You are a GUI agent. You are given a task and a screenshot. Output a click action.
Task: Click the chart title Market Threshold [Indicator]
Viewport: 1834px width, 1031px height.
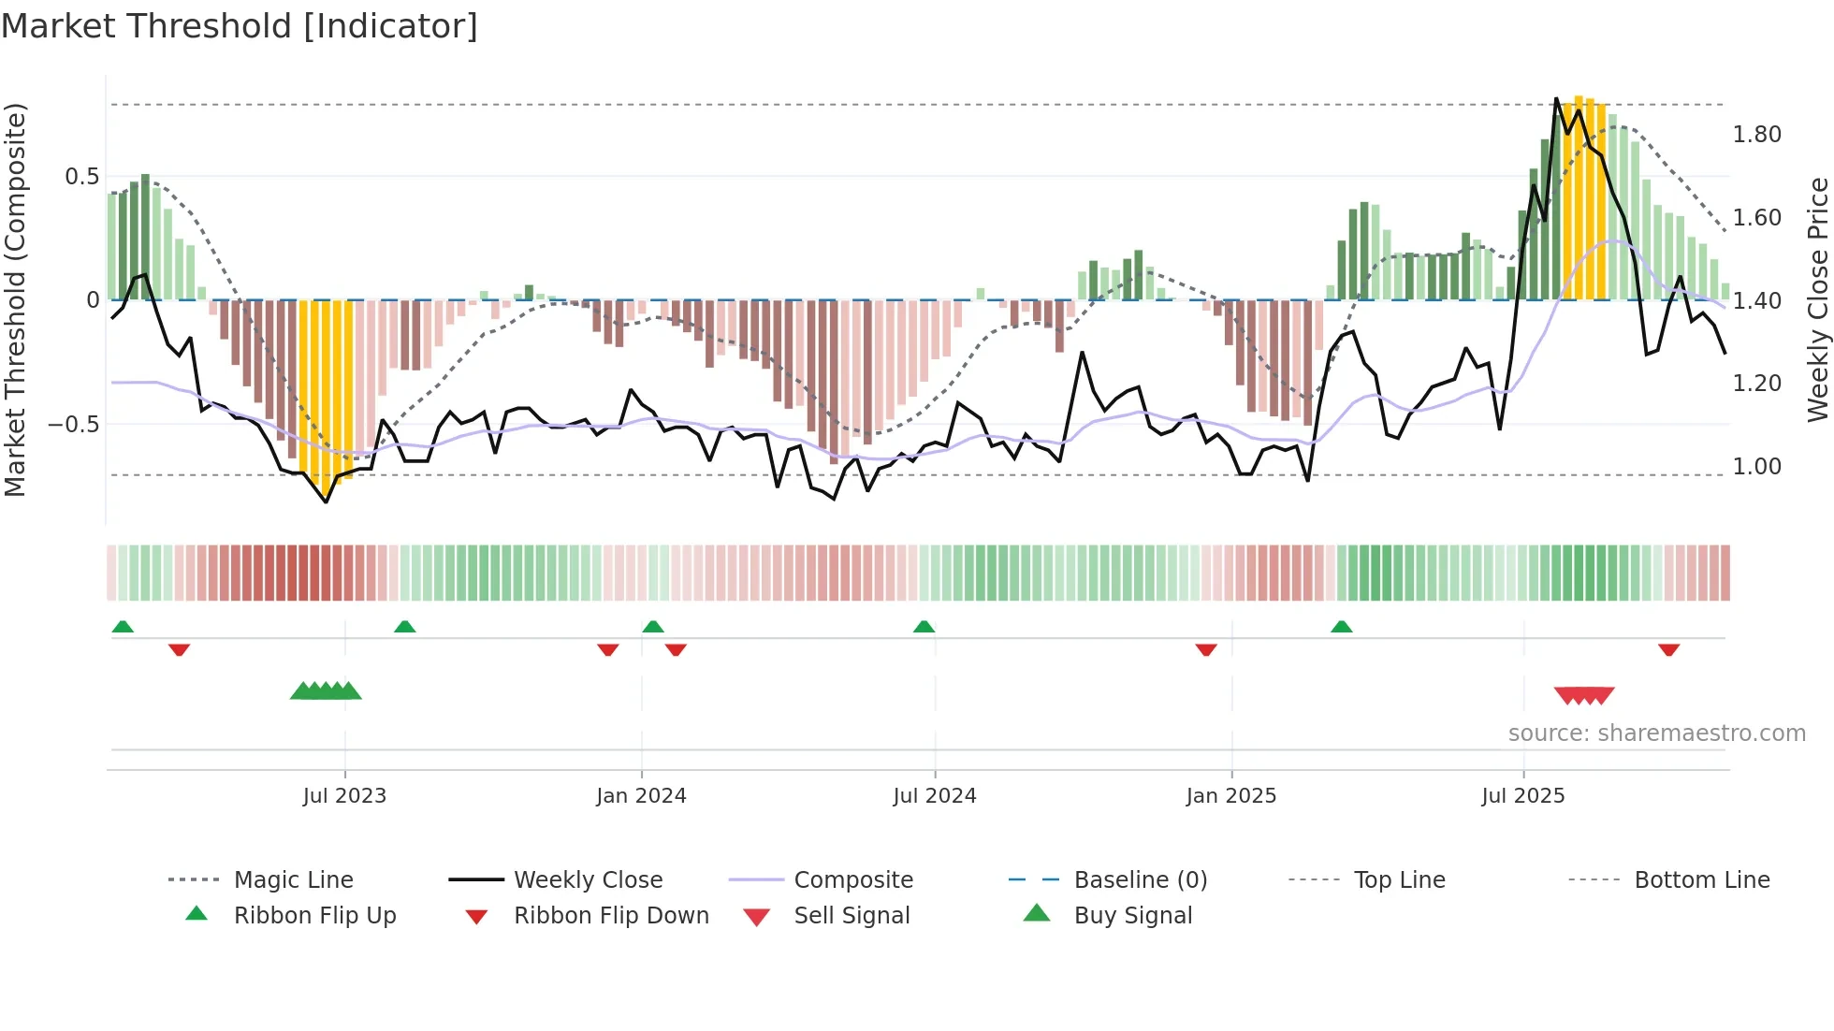point(240,26)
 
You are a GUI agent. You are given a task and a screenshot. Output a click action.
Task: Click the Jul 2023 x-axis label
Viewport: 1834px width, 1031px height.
point(344,796)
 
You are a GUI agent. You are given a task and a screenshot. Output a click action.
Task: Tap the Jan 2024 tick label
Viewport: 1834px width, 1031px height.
point(641,796)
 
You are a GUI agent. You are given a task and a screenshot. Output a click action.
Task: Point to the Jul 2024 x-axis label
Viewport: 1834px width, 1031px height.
point(934,796)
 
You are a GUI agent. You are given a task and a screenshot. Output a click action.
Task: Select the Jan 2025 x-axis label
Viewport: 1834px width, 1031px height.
point(1230,796)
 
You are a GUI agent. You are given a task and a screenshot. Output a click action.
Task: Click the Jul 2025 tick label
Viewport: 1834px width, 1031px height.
point(1522,796)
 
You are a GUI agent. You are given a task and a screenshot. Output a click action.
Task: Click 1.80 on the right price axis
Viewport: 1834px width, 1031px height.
point(1756,135)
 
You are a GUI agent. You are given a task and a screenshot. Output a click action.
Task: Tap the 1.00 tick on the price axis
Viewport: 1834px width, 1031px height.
point(1756,467)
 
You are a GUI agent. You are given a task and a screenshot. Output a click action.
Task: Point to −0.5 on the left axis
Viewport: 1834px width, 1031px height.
point(74,424)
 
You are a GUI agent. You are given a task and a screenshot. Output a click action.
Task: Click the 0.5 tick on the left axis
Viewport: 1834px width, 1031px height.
point(81,177)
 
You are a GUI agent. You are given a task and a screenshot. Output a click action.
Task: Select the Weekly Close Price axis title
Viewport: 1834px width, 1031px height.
point(1817,299)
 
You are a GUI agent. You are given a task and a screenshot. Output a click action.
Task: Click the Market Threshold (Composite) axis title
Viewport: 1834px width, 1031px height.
point(15,299)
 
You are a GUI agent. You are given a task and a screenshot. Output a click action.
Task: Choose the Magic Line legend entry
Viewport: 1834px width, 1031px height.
point(293,880)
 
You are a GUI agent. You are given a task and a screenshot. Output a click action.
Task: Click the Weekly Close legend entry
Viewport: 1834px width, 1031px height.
point(588,880)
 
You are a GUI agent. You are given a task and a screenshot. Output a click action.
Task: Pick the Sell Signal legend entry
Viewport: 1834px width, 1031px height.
point(851,916)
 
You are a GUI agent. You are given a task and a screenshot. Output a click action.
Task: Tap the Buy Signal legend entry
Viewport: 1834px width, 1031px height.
point(1132,916)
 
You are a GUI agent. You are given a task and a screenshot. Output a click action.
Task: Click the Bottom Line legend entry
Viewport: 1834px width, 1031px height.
point(1701,880)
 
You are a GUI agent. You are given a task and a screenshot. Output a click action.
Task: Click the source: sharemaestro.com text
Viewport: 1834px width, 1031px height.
point(1656,733)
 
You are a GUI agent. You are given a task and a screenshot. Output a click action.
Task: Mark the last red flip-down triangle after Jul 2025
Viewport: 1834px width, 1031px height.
point(1668,649)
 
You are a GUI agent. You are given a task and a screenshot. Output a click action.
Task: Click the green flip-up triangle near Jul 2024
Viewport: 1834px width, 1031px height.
point(924,627)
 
